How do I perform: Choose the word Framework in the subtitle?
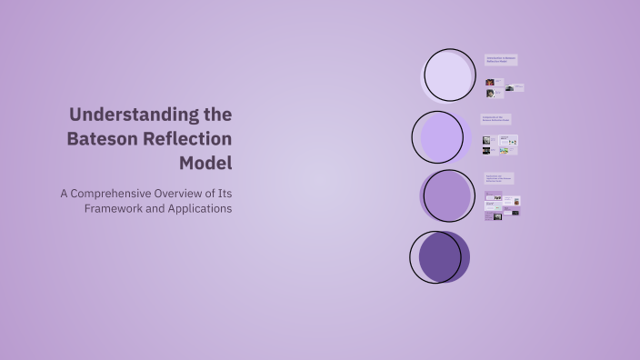click(114, 208)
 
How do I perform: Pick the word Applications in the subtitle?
click(195, 208)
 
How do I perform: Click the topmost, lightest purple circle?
click(450, 75)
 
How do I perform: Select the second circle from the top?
click(439, 136)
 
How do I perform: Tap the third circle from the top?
click(447, 195)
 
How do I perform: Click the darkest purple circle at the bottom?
click(438, 256)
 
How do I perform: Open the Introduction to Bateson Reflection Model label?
click(500, 60)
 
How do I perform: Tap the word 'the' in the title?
click(215, 115)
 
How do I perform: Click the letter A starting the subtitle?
click(65, 193)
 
